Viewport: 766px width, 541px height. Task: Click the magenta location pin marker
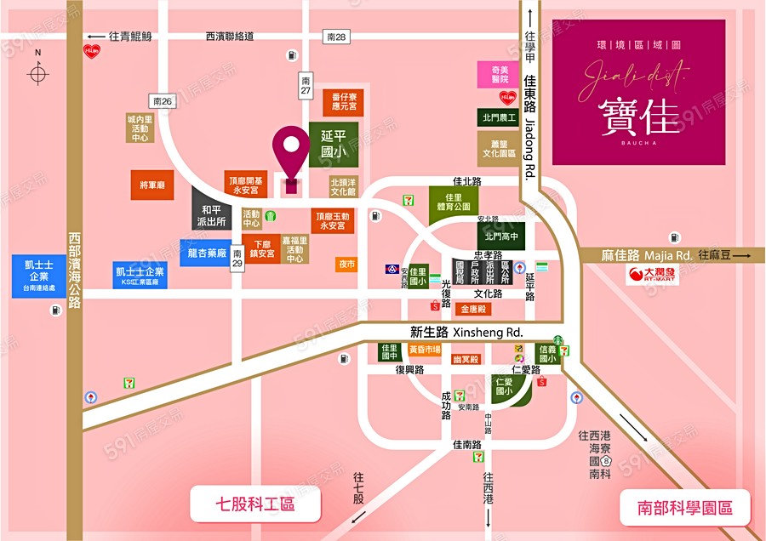pyautogui.click(x=290, y=153)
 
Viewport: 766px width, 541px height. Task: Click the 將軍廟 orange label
pyautogui.click(x=152, y=185)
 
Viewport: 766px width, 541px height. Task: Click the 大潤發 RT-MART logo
pyautogui.click(x=654, y=275)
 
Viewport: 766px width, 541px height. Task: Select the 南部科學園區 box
pyautogui.click(x=686, y=508)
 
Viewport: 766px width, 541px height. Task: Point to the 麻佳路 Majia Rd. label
pyautogui.click(x=647, y=254)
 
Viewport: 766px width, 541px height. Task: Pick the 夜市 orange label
pyautogui.click(x=346, y=265)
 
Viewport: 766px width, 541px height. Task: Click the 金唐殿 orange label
pyautogui.click(x=473, y=310)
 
